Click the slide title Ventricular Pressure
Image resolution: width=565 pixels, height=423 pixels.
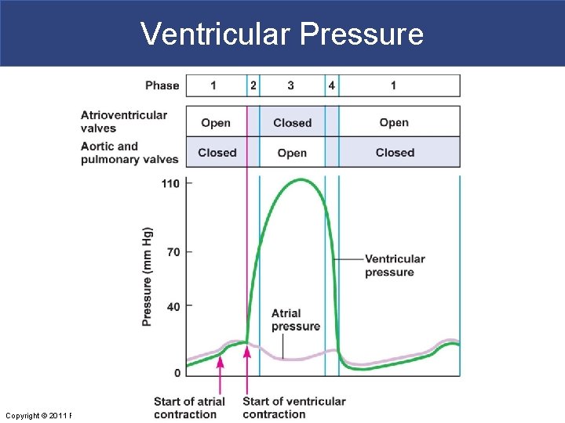coord(282,34)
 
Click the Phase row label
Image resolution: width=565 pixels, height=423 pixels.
coord(162,85)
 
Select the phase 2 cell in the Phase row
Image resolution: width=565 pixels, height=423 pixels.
coord(253,85)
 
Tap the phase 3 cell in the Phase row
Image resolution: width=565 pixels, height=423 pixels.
coord(291,85)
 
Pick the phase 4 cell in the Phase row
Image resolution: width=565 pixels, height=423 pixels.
coord(332,85)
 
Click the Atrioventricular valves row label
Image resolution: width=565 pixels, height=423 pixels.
coord(124,121)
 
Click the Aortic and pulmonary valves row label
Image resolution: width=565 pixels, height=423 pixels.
coord(129,153)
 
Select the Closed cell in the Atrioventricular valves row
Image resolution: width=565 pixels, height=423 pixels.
coord(292,122)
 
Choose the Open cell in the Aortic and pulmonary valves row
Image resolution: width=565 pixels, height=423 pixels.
coord(292,153)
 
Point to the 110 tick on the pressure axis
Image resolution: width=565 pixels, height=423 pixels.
coord(171,184)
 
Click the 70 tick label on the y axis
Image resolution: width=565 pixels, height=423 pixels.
coord(173,252)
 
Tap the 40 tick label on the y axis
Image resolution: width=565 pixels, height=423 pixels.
coord(173,306)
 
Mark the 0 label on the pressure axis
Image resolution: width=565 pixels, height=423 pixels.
coord(177,372)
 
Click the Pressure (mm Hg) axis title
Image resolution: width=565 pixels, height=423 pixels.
coord(148,277)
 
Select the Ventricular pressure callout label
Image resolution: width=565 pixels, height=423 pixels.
coord(395,266)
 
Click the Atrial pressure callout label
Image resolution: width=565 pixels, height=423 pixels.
coord(295,320)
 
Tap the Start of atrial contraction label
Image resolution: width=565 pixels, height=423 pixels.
coord(189,407)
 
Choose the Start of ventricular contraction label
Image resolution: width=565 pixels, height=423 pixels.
coord(293,407)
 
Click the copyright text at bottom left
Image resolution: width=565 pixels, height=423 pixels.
coord(38,415)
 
